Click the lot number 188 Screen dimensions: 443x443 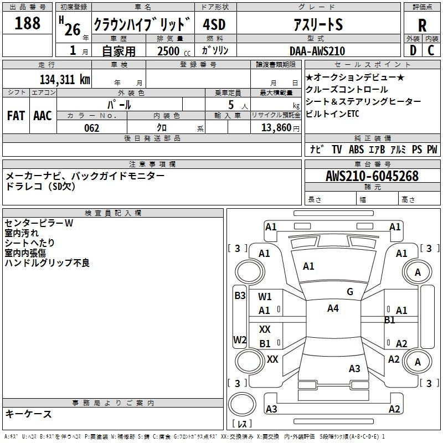pyautogui.click(x=28, y=23)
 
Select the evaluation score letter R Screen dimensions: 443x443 pyautogui.click(x=422, y=25)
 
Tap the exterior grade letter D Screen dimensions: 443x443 pyautogui.click(x=413, y=50)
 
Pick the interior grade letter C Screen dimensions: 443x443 pyautogui.click(x=431, y=50)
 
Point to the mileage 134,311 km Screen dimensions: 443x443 pyautogui.click(x=65, y=79)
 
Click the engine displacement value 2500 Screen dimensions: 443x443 pyautogui.click(x=168, y=51)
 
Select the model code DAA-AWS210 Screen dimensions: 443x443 pyautogui.click(x=317, y=51)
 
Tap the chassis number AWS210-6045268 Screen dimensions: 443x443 pyautogui.click(x=372, y=176)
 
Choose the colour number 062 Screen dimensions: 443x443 pyautogui.click(x=92, y=128)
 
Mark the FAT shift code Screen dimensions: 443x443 pyautogui.click(x=16, y=115)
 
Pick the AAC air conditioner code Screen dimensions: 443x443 pyautogui.click(x=43, y=115)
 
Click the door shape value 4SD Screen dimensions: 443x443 pyautogui.click(x=214, y=25)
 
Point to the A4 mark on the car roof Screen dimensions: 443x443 pyautogui.click(x=333, y=308)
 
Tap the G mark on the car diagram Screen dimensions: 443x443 pyautogui.click(x=350, y=292)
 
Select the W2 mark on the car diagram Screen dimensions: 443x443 pyautogui.click(x=240, y=339)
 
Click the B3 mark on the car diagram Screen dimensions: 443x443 pyautogui.click(x=240, y=296)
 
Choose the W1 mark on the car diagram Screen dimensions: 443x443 pyautogui.click(x=265, y=297)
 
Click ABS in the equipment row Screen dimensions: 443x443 pyautogui.click(x=356, y=150)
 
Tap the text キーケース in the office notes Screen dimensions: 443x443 pyautogui.click(x=29, y=414)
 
